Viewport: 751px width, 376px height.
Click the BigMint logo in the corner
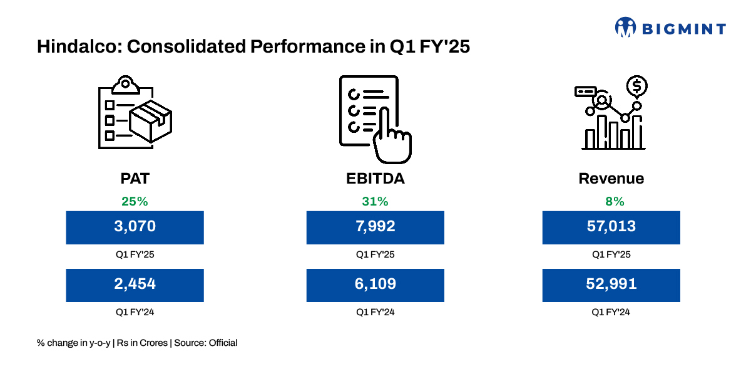(x=670, y=28)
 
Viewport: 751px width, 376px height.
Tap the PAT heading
(x=135, y=179)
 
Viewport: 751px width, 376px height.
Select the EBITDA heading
(x=375, y=179)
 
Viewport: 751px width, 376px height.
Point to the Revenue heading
(x=611, y=179)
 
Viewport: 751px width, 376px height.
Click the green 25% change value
(x=135, y=202)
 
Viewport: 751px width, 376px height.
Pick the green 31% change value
(x=375, y=202)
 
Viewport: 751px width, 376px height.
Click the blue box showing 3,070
(x=135, y=227)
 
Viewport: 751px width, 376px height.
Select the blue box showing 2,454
(x=135, y=285)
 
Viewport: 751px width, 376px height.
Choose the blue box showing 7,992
(x=375, y=227)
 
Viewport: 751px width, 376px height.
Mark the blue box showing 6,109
(x=375, y=285)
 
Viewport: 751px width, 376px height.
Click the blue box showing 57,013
(x=611, y=227)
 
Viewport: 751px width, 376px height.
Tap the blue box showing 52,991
(x=611, y=285)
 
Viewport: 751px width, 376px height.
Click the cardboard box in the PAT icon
(x=150, y=120)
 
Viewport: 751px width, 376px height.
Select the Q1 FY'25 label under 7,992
(x=375, y=255)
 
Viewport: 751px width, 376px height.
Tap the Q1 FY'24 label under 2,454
(x=135, y=312)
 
